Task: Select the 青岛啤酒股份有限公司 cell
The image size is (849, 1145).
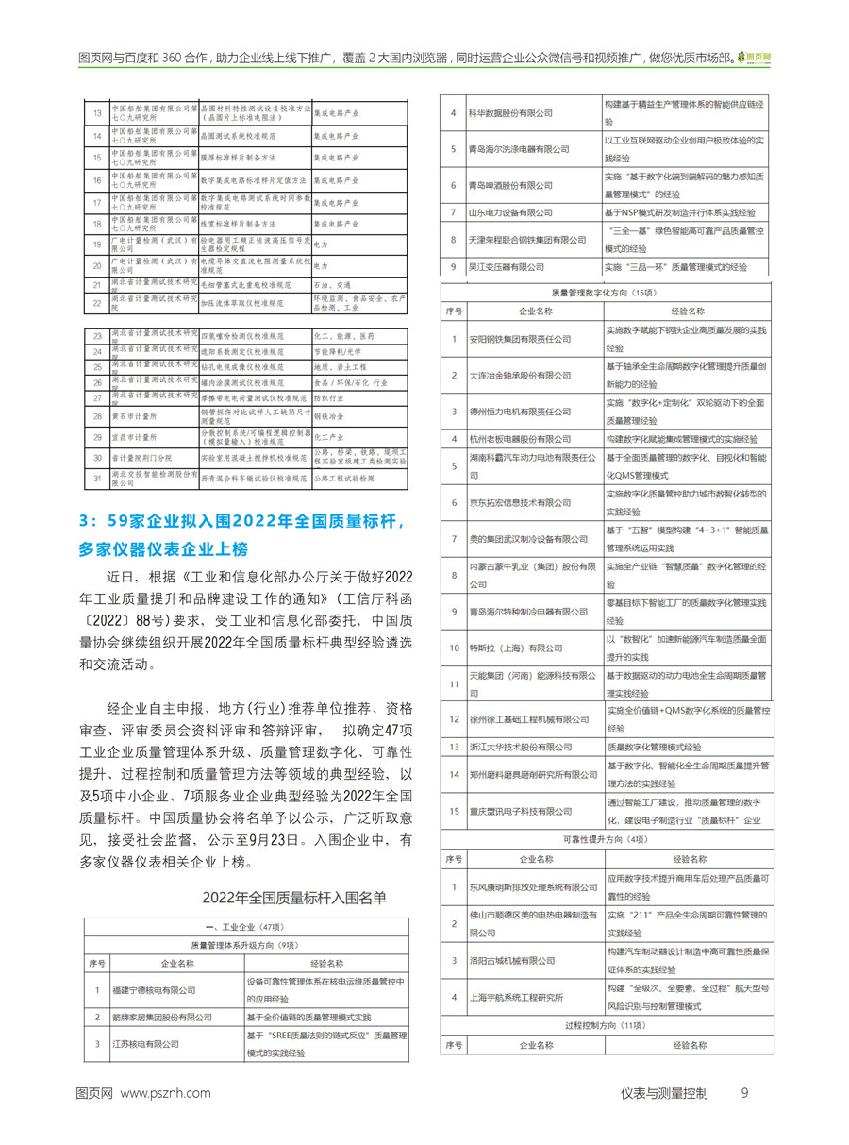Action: (x=510, y=185)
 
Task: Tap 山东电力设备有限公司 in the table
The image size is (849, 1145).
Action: (x=510, y=213)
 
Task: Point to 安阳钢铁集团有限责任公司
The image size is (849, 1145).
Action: (x=520, y=339)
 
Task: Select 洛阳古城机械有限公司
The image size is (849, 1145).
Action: (x=510, y=960)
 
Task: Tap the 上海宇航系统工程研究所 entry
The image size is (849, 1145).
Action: (x=515, y=997)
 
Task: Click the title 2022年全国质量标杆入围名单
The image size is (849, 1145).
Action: (x=293, y=896)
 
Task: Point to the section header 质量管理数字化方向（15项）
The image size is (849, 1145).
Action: (x=605, y=293)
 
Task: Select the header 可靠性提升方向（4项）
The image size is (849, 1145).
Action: (x=605, y=838)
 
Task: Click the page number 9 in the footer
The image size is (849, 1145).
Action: (x=744, y=1093)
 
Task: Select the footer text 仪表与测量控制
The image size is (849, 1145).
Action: (x=664, y=1093)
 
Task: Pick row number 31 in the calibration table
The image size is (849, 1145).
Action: (x=96, y=479)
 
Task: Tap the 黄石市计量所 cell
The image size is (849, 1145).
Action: (x=132, y=413)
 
